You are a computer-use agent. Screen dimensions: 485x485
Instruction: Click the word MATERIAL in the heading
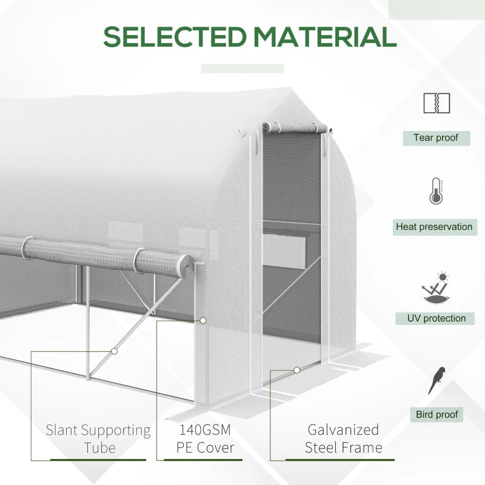pos(325,38)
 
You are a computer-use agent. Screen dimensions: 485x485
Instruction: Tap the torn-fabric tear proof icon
pos(436,102)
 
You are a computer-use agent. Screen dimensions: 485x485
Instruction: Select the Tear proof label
pos(436,138)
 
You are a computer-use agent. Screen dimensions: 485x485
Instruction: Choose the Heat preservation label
pos(433,227)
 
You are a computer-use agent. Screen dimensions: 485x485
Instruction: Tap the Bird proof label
pos(437,415)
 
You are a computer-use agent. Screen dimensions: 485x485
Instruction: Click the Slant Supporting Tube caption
pos(98,439)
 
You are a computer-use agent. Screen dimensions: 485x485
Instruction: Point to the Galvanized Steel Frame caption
pos(343,439)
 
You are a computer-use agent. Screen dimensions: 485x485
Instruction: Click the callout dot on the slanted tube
pos(114,350)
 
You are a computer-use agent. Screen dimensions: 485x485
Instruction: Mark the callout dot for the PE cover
pos(203,319)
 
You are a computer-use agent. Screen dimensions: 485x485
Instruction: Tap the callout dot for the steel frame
pos(296,369)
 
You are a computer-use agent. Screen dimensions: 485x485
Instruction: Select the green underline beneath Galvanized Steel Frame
pos(343,460)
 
